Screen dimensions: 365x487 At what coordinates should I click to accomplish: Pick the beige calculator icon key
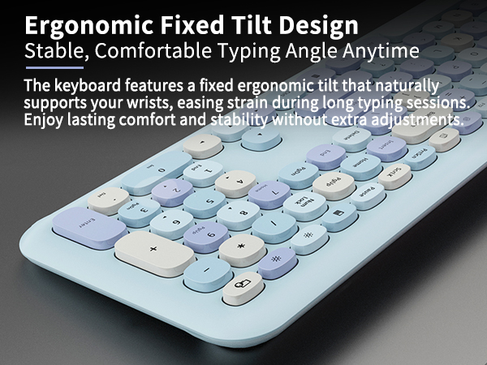tap(242, 284)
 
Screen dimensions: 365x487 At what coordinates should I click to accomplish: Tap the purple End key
tap(325, 152)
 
